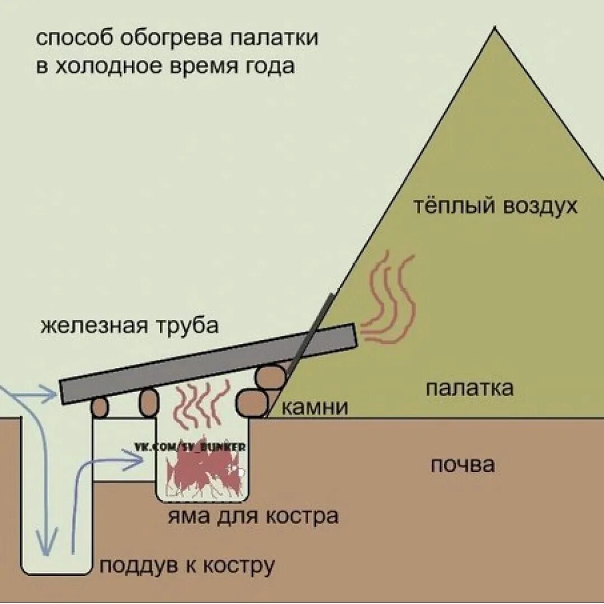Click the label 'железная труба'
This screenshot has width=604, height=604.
click(x=129, y=325)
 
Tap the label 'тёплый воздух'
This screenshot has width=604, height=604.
click(x=495, y=206)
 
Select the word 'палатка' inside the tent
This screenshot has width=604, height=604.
click(x=469, y=388)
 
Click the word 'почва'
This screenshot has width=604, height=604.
click(x=463, y=465)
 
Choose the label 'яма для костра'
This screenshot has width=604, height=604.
click(x=253, y=516)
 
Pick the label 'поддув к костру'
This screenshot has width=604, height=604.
click(x=187, y=565)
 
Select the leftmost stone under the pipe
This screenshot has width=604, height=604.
click(x=100, y=407)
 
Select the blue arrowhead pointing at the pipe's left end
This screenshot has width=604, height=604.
click(x=50, y=395)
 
